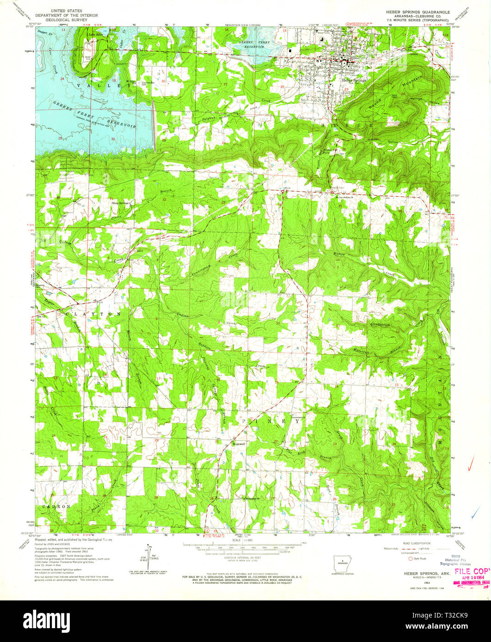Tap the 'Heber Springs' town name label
pos(354,79)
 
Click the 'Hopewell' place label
pos(238,443)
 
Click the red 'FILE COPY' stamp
pos(472,571)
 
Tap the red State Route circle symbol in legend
pos(410,558)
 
